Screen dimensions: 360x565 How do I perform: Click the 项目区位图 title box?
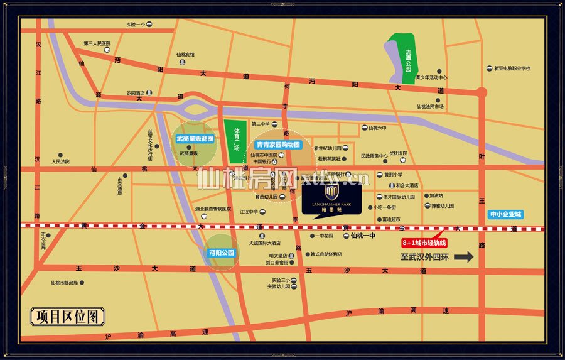click(68, 316)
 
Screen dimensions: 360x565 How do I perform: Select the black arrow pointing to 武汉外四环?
click(464, 256)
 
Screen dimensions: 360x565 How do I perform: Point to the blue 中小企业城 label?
click(506, 214)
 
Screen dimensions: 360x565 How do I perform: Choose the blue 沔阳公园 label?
click(221, 253)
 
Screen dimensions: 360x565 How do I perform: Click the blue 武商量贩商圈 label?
click(195, 138)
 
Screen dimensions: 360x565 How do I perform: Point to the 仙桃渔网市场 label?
click(430, 106)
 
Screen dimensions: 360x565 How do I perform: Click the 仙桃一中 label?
click(362, 236)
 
